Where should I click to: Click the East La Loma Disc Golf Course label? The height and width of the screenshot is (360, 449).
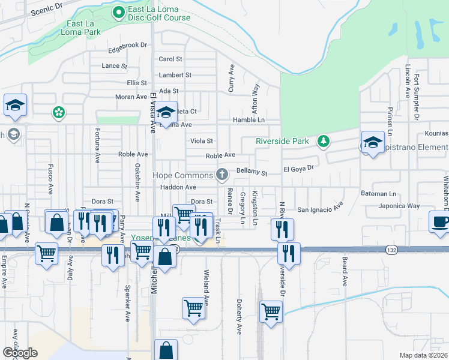pos(159,14)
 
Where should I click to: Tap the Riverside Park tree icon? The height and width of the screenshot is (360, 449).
pos(324,141)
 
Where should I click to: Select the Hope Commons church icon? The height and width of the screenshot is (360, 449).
pos(222,175)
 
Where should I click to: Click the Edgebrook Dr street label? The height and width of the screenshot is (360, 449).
pos(127,45)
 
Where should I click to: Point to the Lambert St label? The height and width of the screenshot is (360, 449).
pos(175,75)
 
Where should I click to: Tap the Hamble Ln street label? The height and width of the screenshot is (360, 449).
pos(249,120)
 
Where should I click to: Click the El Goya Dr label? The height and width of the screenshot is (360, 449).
pos(298,169)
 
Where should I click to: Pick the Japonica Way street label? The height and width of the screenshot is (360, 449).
pos(399,206)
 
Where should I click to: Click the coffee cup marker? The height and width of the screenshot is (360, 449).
pos(440,221)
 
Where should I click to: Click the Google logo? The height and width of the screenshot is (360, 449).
pos(20,353)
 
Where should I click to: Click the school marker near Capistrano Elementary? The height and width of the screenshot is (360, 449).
pos(373,142)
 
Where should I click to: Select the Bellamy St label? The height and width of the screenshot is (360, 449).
pos(251,172)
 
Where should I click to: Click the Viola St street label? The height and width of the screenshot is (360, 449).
pos(202,141)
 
